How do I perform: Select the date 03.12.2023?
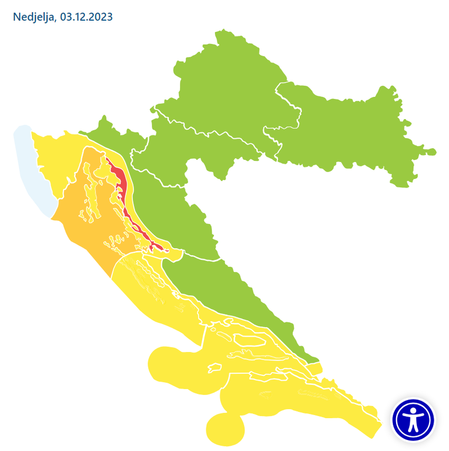tap(86, 17)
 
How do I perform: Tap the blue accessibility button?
tap(413, 419)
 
